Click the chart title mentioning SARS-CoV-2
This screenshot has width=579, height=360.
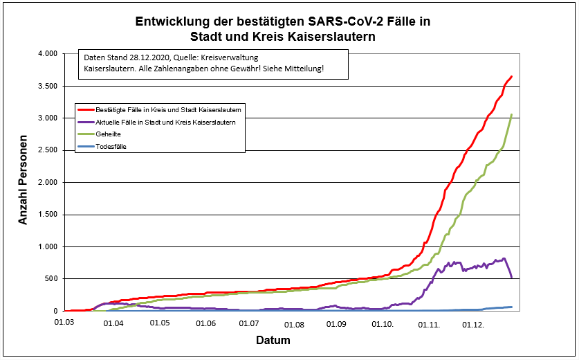click(x=283, y=28)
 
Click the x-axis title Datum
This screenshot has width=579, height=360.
click(x=273, y=341)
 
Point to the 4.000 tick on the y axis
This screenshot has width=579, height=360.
click(x=46, y=54)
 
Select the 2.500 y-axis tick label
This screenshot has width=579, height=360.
click(x=46, y=150)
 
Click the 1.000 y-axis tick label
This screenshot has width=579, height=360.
click(x=46, y=246)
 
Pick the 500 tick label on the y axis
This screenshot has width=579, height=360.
click(x=50, y=279)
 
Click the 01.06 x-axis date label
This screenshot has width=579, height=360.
click(x=205, y=323)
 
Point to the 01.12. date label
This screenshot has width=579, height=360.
click(x=474, y=323)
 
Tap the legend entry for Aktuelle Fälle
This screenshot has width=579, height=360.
click(x=165, y=122)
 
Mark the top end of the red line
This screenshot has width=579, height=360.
click(x=511, y=76)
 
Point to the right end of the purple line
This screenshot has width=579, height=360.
click(x=511, y=278)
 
